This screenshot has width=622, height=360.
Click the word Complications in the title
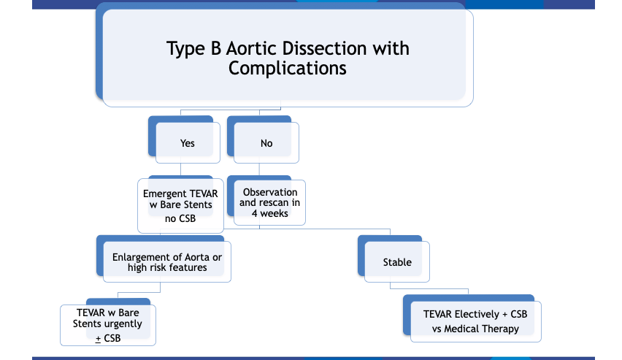(x=287, y=68)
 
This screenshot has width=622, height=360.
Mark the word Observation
(x=270, y=192)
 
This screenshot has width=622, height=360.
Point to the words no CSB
(x=180, y=218)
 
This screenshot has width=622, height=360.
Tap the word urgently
(x=123, y=324)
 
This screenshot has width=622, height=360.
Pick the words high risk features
(x=167, y=267)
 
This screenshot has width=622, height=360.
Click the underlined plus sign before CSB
(x=98, y=339)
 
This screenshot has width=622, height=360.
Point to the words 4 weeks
(x=269, y=213)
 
